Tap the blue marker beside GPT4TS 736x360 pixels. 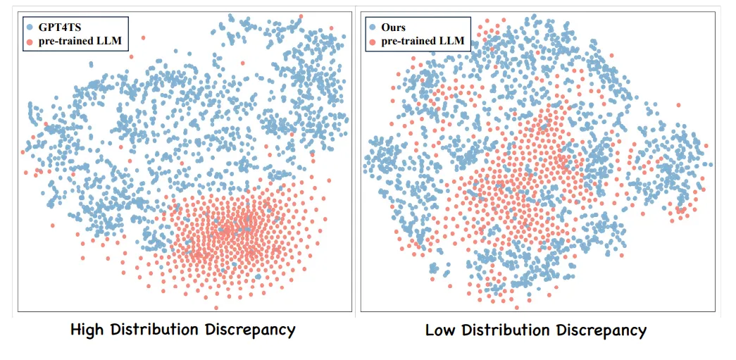coord(30,27)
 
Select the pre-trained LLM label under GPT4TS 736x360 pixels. coord(79,41)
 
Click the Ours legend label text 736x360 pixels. coord(394,27)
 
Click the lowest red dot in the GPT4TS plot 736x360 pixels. coord(216,307)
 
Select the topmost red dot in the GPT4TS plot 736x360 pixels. coord(301,15)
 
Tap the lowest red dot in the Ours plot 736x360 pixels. coord(517,307)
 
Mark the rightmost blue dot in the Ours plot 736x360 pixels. coord(711,164)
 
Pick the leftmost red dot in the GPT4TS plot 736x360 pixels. coord(23,151)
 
